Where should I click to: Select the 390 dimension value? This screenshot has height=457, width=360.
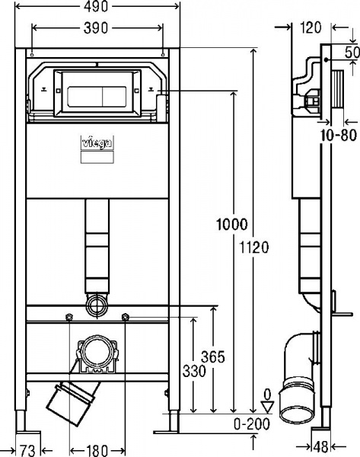97,27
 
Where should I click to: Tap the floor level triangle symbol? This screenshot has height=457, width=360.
266,407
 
